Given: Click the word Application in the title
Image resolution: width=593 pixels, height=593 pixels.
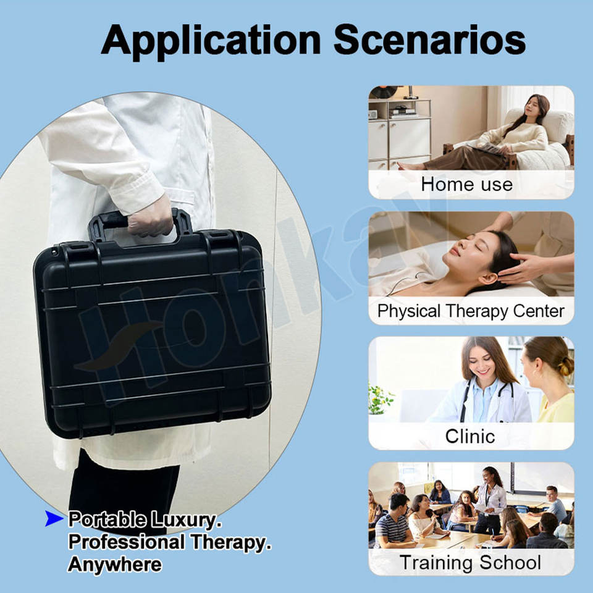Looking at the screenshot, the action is click(x=211, y=41).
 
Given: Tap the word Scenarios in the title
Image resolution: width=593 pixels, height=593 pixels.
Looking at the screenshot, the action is click(x=429, y=40).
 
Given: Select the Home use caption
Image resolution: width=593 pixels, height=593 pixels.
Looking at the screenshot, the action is click(x=467, y=185).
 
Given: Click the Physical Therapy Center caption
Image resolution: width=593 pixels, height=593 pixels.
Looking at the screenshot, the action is click(x=471, y=311).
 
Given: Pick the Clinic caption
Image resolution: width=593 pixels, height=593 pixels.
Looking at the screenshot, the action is click(x=469, y=436).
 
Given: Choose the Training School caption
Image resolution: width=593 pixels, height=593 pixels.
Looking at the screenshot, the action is click(x=470, y=562).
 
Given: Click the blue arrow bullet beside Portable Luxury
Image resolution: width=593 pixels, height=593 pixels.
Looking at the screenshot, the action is click(x=54, y=518).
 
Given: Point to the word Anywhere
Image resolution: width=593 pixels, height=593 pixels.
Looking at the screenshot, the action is click(x=115, y=565).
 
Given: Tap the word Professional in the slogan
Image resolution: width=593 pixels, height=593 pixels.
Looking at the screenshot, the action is click(x=127, y=542).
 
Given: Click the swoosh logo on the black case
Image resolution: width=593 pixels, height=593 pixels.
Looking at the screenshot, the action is click(x=117, y=346).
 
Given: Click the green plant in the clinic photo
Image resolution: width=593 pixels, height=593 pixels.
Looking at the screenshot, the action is click(x=379, y=399).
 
